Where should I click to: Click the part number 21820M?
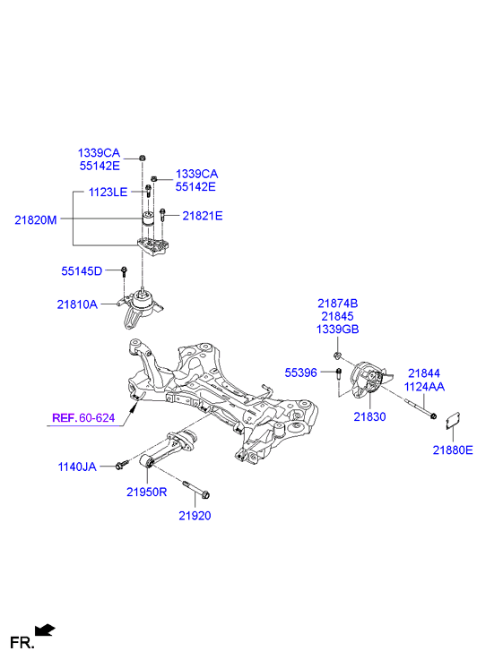(34, 218)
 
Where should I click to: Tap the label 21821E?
(203, 216)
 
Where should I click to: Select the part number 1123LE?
(108, 192)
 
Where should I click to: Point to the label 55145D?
(82, 270)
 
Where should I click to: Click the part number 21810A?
(82, 304)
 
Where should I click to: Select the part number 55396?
(301, 372)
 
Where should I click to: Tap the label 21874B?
(336, 304)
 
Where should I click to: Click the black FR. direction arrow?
(45, 631)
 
